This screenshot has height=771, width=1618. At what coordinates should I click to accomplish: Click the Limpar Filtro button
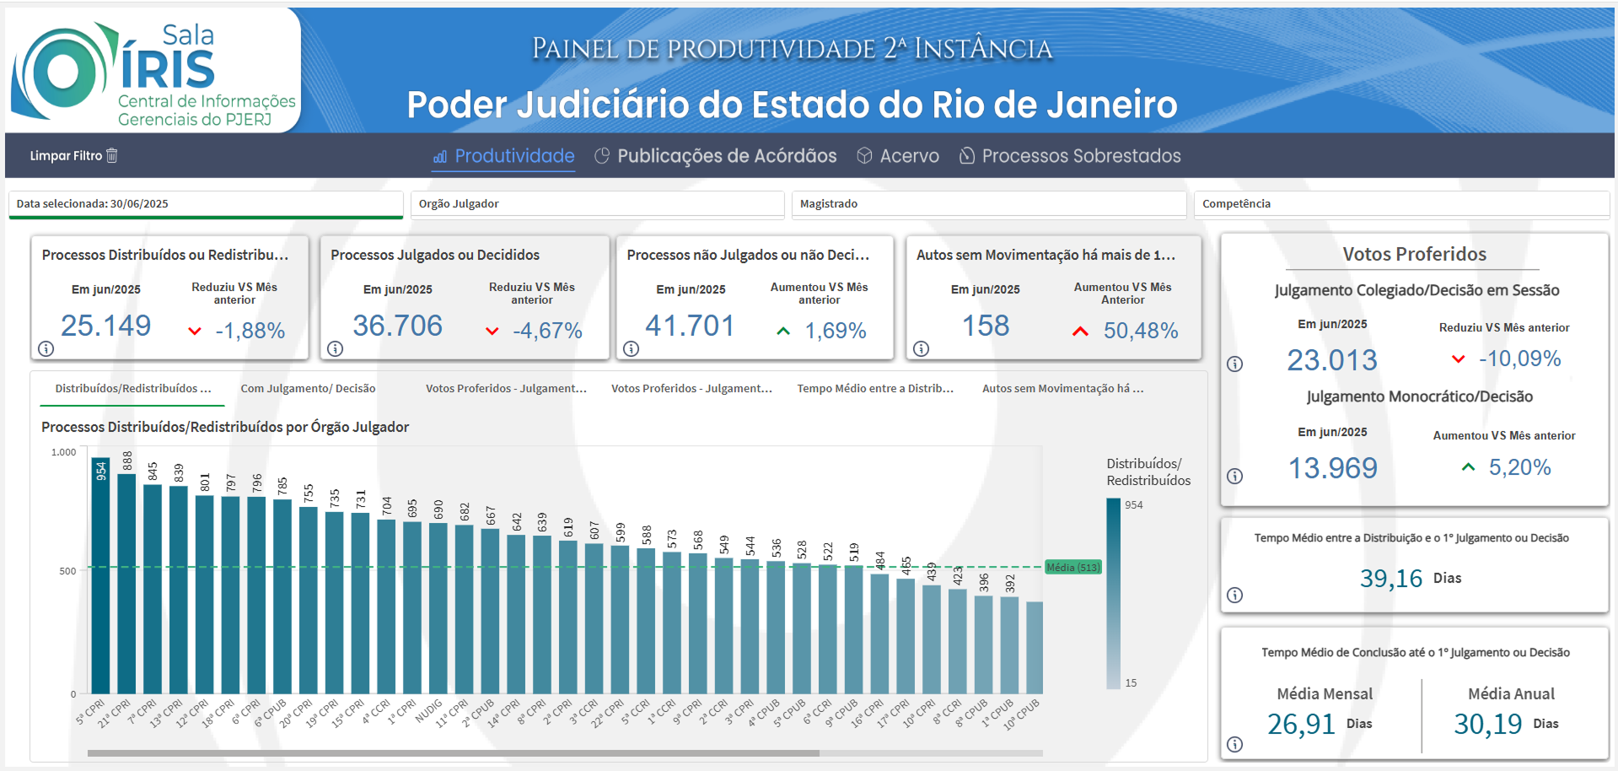pos(73,155)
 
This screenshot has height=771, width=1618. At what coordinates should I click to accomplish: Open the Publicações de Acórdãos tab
pos(716,156)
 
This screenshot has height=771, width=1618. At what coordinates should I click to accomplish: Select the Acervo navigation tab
pos(898,156)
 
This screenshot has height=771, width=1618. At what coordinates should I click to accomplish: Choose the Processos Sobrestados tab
pos(1070,156)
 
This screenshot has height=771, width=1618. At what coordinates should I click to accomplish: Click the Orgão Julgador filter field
pos(597,204)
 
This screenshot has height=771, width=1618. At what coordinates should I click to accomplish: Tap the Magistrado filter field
pos(988,204)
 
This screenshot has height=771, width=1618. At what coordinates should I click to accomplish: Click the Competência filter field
pos(1400,204)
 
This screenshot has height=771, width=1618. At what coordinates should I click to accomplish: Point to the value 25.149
pos(105,326)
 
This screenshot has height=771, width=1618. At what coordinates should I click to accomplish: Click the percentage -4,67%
pos(547,331)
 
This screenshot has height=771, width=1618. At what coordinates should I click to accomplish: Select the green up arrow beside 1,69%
pos(783,331)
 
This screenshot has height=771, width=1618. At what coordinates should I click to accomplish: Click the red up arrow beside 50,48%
pos(1080,331)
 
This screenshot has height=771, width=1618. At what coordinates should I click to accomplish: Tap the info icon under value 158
pos(922,348)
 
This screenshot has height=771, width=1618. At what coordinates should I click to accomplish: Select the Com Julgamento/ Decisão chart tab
pos(308,389)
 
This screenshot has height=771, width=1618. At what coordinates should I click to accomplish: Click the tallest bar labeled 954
pos(100,582)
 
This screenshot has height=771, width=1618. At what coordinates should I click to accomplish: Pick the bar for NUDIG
pos(438,607)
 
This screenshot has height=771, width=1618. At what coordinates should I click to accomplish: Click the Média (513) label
pos(1072,568)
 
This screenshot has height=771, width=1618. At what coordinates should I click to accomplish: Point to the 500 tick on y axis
pos(67,571)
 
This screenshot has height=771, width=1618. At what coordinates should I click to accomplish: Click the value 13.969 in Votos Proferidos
pos(1332,468)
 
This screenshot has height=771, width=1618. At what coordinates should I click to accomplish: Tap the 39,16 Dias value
pos(1390,579)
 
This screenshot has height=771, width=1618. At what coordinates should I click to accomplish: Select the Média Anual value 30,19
pos(1487,724)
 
